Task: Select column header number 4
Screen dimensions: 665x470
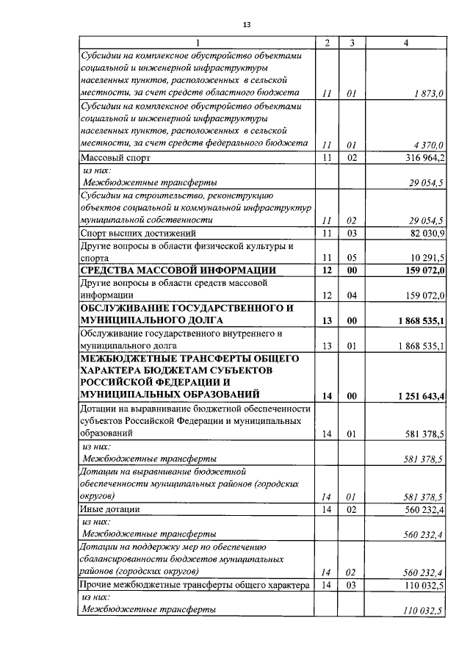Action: coord(406,43)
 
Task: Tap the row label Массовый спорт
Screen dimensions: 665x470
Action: coord(114,157)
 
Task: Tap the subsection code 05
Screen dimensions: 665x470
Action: coord(352,259)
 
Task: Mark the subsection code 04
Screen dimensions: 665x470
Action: coord(352,295)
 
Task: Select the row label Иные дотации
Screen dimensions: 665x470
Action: coord(110,508)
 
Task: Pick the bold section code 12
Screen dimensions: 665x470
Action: coord(328,271)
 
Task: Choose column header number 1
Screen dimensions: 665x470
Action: coord(197,43)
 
